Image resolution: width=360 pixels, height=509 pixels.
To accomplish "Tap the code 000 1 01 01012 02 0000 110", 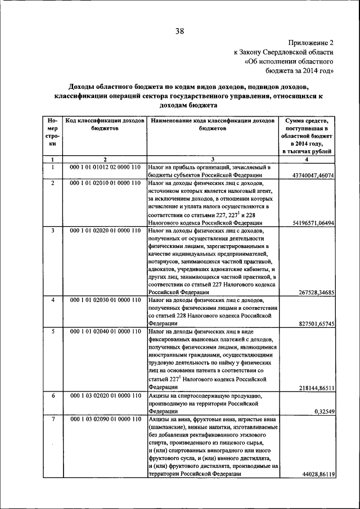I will pyautogui.click(x=105, y=168).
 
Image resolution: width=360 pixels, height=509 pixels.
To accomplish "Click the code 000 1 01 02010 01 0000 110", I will pyautogui.click(x=105, y=183).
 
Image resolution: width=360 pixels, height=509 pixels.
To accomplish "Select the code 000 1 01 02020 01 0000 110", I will pyautogui.click(x=105, y=231).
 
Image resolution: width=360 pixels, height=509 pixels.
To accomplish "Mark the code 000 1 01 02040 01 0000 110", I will pyautogui.click(x=105, y=331).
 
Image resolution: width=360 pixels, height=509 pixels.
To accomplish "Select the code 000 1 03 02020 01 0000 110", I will pyautogui.click(x=105, y=395).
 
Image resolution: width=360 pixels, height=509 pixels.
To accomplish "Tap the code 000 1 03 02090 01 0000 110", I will pyautogui.click(x=105, y=420).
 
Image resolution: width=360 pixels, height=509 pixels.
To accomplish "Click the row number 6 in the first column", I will pyautogui.click(x=52, y=395).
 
